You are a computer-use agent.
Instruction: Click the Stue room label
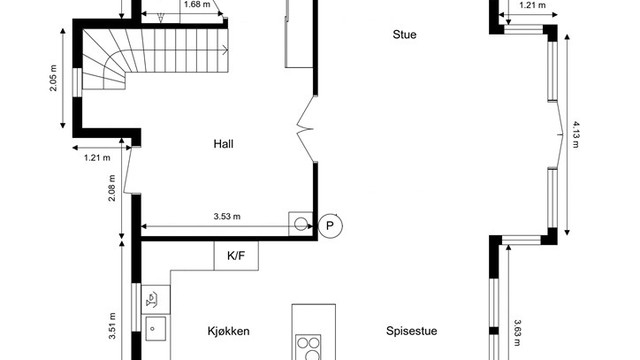pos(404,35)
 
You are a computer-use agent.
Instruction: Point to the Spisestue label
pos(412,332)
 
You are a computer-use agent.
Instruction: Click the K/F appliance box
pos(236,256)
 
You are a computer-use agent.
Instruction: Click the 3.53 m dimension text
pos(227,216)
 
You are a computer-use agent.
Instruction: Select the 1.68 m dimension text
pos(197,5)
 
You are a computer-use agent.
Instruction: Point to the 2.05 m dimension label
pos(54,77)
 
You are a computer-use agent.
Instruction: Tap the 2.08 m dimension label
pos(112,189)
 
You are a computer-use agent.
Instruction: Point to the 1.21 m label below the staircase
pos(97,157)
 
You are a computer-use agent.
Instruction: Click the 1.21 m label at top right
pos(533,5)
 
